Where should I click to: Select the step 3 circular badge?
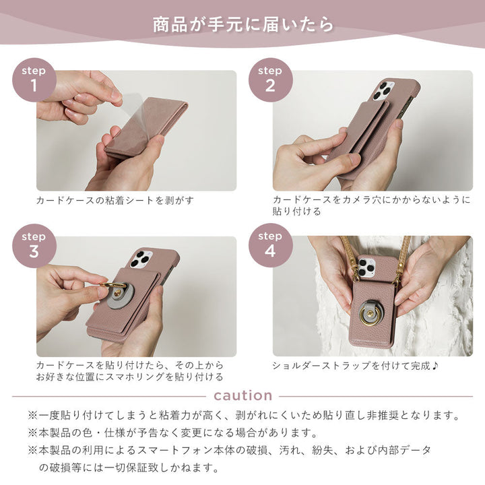click(34, 245)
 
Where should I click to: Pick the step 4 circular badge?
click(270, 245)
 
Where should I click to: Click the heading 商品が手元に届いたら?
click(243, 25)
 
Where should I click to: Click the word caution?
click(243, 395)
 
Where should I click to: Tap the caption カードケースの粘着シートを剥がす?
click(109, 200)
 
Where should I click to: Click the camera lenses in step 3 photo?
click(142, 259)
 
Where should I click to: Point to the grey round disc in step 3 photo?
click(121, 297)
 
